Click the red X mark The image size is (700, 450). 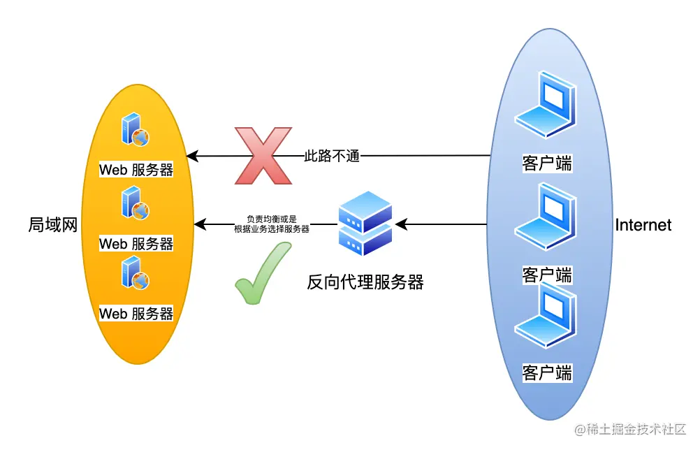pos(263,156)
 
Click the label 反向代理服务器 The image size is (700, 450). pos(365,282)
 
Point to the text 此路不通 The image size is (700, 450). pos(332,156)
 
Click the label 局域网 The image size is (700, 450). pos(52,224)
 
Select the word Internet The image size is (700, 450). pos(643,225)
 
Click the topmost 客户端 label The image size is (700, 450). pos(546,164)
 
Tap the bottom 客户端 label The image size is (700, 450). pos(546,372)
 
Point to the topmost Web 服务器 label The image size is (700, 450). pos(136,170)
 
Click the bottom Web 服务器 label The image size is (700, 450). pos(136,314)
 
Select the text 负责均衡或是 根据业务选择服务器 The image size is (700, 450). pos(272,224)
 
